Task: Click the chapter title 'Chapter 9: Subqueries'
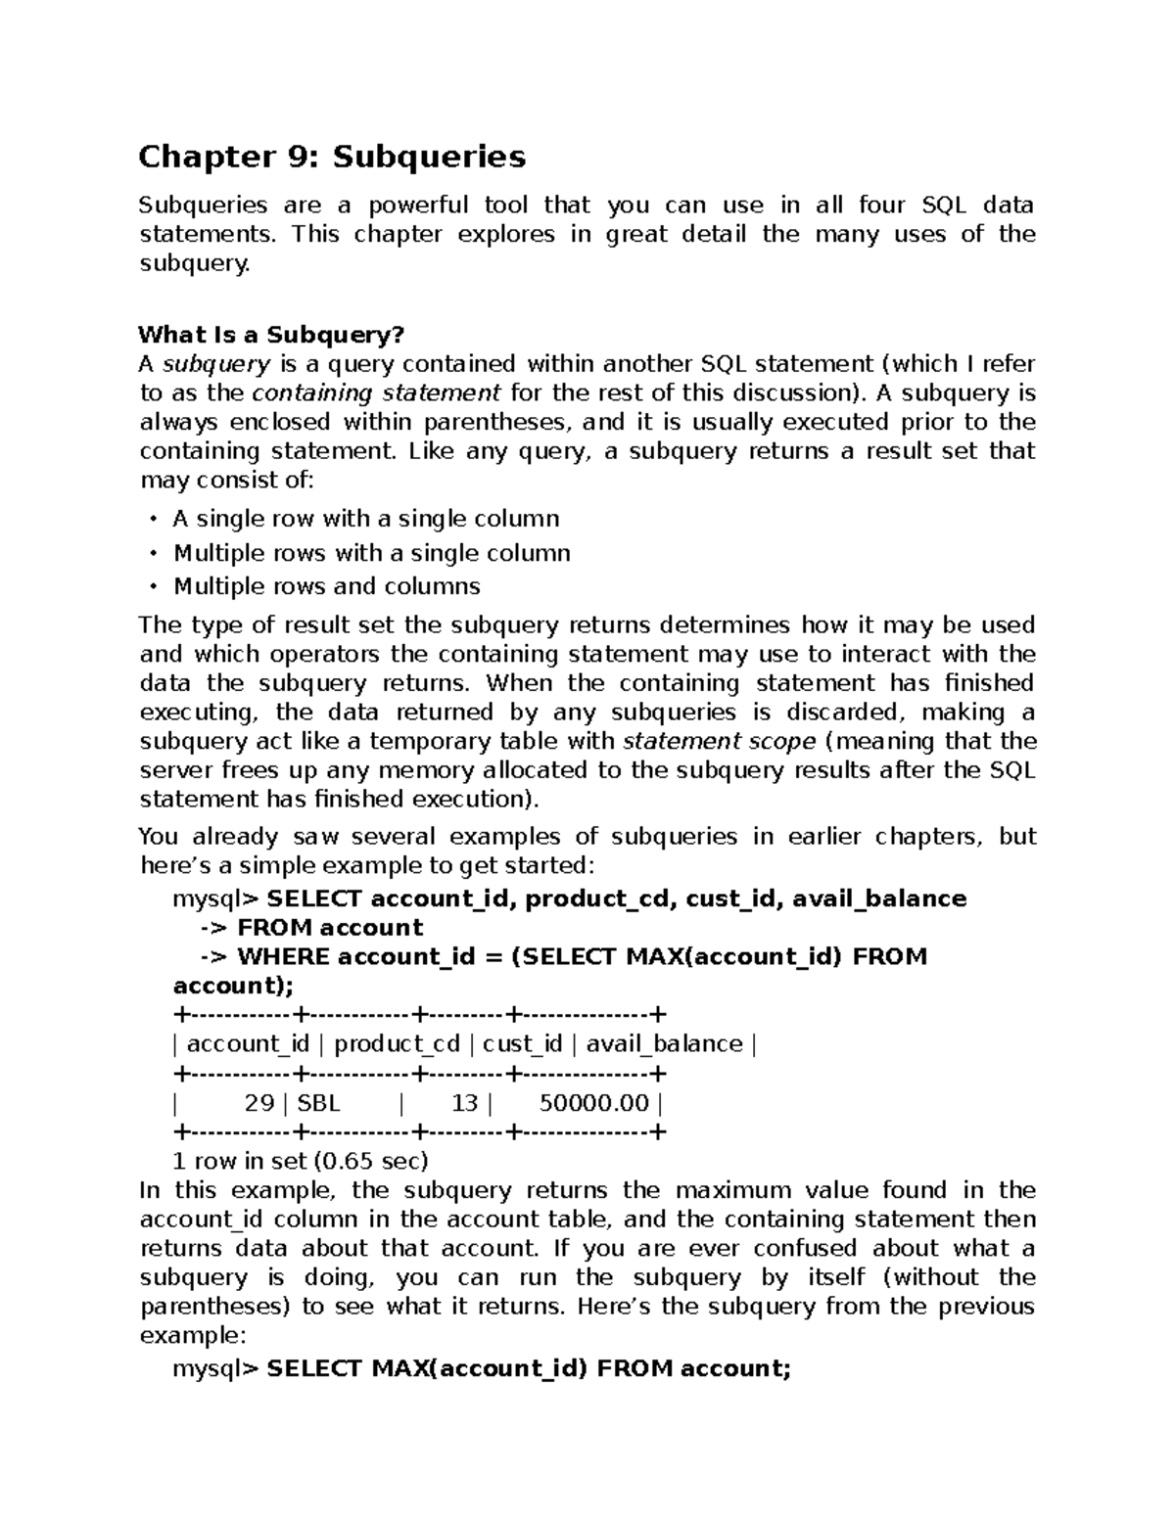coord(332,157)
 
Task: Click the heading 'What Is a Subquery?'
coord(271,335)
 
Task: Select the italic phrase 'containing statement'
coord(377,393)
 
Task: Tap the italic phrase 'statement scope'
coord(719,741)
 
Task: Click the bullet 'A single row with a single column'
coord(366,519)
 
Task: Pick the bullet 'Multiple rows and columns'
coord(327,586)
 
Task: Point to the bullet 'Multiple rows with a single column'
coord(372,553)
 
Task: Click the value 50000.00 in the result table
coord(593,1103)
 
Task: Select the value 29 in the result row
coord(258,1103)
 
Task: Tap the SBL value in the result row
coord(318,1103)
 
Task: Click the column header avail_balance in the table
coord(664,1044)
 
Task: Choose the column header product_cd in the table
coord(397,1044)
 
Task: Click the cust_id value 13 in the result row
coord(464,1103)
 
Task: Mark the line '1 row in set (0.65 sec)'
coord(301,1162)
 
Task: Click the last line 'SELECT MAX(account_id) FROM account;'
coord(529,1368)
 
